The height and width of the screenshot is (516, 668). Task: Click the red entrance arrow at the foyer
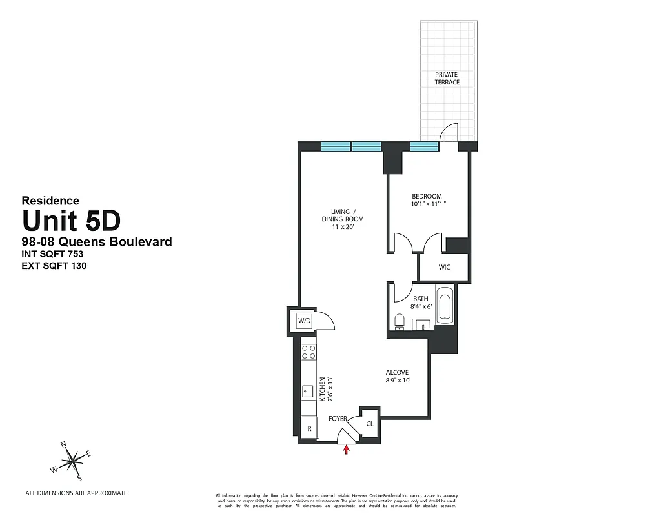pyautogui.click(x=347, y=450)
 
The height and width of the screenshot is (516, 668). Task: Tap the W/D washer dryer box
pyautogui.click(x=304, y=320)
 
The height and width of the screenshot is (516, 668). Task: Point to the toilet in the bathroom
pyautogui.click(x=399, y=321)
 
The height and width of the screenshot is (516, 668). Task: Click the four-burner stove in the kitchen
pyautogui.click(x=309, y=352)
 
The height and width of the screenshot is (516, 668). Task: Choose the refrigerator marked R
pyautogui.click(x=309, y=428)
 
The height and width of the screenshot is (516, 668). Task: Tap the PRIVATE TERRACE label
pyautogui.click(x=447, y=79)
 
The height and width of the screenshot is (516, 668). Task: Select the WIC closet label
pyautogui.click(x=443, y=266)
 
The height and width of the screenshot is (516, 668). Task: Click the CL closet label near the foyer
pyautogui.click(x=370, y=424)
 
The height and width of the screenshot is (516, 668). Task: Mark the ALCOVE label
pyautogui.click(x=398, y=372)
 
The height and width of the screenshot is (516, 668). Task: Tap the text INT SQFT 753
pyautogui.click(x=53, y=253)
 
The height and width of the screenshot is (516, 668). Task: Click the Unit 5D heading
pyautogui.click(x=71, y=222)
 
